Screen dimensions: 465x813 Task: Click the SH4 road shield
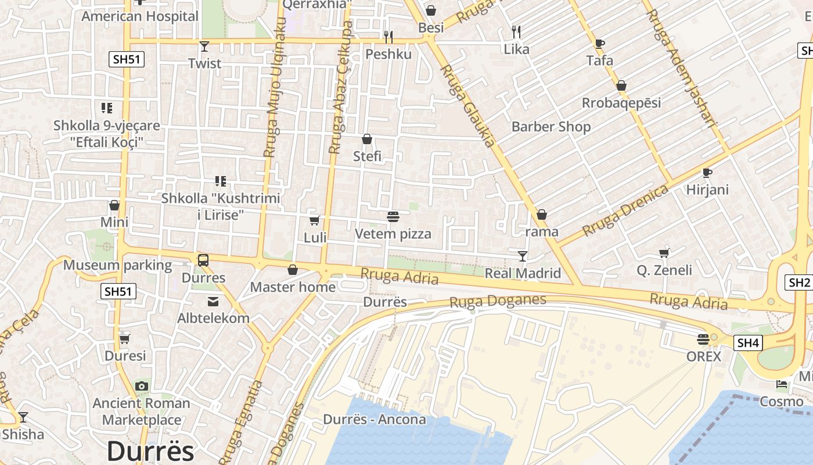tap(748, 343)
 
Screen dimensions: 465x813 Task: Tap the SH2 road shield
tap(799, 283)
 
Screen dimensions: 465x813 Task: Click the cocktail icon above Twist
tap(204, 46)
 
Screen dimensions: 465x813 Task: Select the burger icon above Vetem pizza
tap(393, 217)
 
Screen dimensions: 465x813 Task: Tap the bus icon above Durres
tap(203, 260)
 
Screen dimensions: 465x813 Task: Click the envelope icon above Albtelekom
tap(213, 301)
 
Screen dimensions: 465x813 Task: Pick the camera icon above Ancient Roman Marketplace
tap(141, 386)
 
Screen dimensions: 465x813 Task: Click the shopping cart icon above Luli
tap(315, 220)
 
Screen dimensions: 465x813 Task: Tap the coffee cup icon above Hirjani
tap(707, 173)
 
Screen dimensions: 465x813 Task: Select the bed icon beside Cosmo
tap(782, 384)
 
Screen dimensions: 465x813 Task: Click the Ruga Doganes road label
tap(498, 301)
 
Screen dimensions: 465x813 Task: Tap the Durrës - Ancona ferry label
tap(375, 420)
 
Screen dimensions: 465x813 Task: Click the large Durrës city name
tap(150, 450)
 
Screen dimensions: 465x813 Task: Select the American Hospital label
tap(140, 16)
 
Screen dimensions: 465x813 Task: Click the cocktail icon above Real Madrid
tap(523, 256)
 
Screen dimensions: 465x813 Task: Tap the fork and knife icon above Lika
tap(516, 31)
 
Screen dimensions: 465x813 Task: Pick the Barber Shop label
tap(551, 127)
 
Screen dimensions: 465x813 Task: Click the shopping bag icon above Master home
tap(293, 270)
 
